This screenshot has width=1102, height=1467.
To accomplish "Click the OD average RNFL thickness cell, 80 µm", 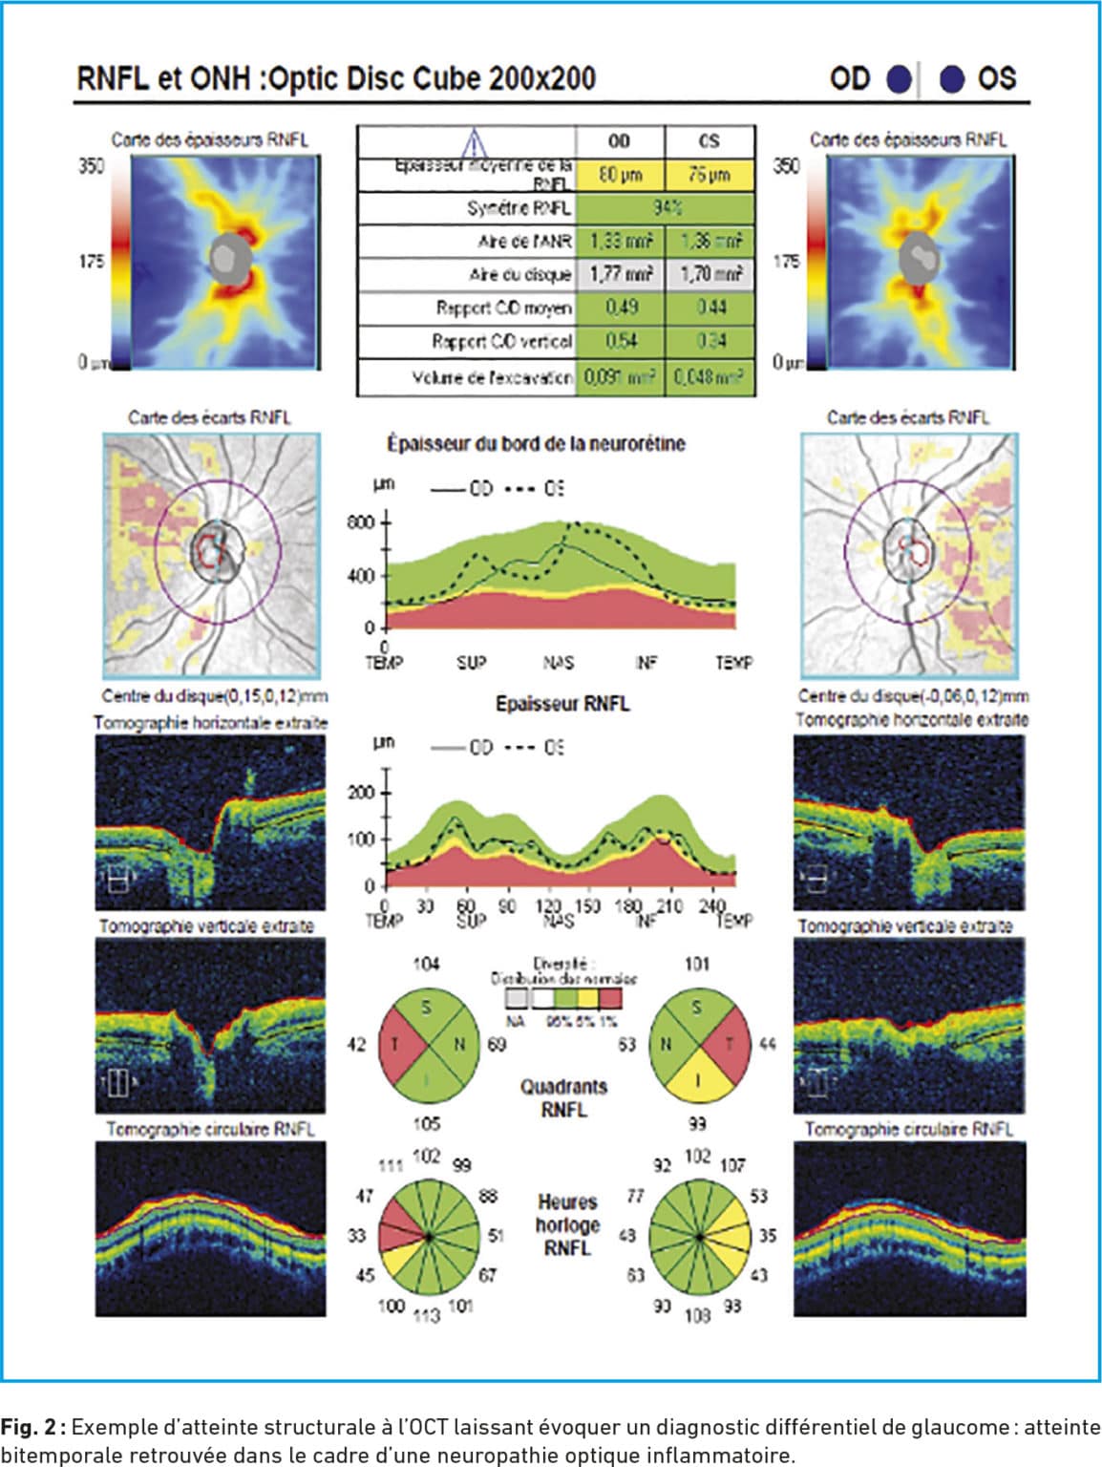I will pos(621,175).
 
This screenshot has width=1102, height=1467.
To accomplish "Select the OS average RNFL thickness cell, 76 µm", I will pos(710,175).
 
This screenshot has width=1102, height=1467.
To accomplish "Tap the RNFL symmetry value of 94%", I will pos(666,207).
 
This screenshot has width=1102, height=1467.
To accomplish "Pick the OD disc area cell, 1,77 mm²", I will pos(621,274).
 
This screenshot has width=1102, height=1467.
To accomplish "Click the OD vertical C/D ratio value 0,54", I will pos(621,341).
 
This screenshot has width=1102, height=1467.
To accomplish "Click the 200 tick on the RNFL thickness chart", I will pos(362,793).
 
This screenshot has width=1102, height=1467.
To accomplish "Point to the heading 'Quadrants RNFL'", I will pos(563,1098).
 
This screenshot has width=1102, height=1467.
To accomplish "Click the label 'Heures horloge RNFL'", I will pos(566,1224).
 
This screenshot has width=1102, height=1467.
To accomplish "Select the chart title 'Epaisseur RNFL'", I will pos(562,704).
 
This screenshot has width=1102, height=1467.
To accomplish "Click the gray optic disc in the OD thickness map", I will pos(228,256).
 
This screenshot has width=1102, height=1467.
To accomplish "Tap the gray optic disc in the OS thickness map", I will pos(921,256).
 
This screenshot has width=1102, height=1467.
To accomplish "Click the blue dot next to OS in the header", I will pos(952,79).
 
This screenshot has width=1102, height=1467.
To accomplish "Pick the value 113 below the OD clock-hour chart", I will pos(426,1315).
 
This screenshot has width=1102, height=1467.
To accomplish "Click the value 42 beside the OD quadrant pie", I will pos(356,1044).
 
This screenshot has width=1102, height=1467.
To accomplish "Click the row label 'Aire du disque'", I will pos(519,275).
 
